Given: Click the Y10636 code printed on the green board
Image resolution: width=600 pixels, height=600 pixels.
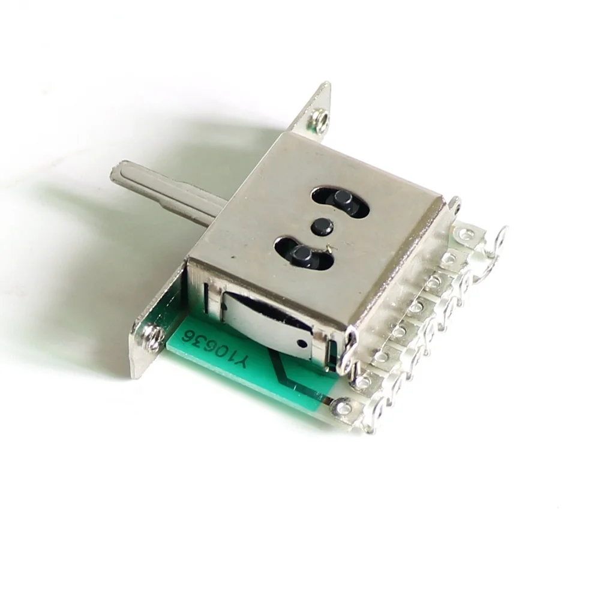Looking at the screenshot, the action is tap(216, 346).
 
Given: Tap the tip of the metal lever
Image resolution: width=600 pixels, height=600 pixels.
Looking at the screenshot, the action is tap(112, 174).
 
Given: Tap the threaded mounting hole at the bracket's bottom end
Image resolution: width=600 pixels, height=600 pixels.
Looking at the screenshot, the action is tap(154, 337).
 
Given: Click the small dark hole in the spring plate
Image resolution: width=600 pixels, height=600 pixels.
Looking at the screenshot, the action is tap(302, 343).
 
